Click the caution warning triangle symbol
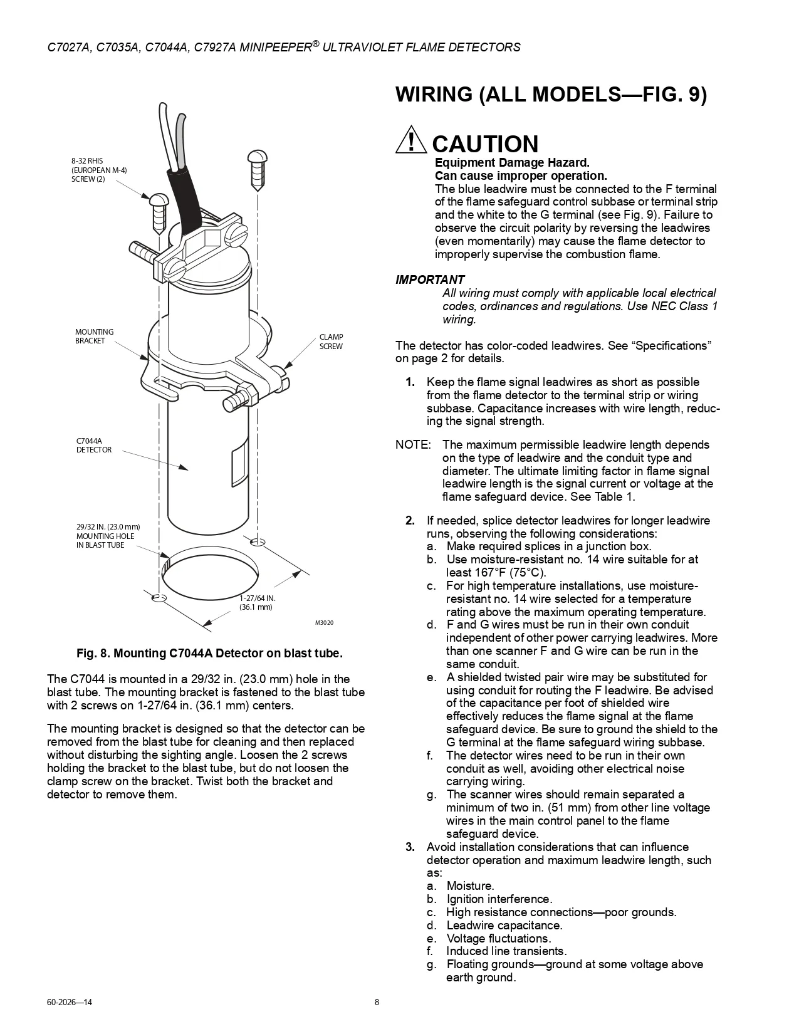[x=410, y=140]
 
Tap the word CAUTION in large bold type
[x=485, y=144]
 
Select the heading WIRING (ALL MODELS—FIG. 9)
[x=551, y=94]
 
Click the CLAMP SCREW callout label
[x=331, y=342]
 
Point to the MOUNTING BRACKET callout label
[x=94, y=336]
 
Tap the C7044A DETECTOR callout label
[x=94, y=446]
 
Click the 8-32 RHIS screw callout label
[x=99, y=170]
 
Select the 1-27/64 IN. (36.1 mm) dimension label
[x=258, y=602]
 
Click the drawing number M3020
[x=324, y=622]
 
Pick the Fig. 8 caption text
[x=209, y=654]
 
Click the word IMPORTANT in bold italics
[x=430, y=279]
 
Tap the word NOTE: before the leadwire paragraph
[x=413, y=445]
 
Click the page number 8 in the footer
[x=377, y=1002]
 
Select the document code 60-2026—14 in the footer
[x=70, y=1002]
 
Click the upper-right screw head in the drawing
[x=257, y=157]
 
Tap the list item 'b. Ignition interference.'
[x=489, y=899]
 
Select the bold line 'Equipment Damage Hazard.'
[x=512, y=163]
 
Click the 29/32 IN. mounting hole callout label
[x=108, y=536]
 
